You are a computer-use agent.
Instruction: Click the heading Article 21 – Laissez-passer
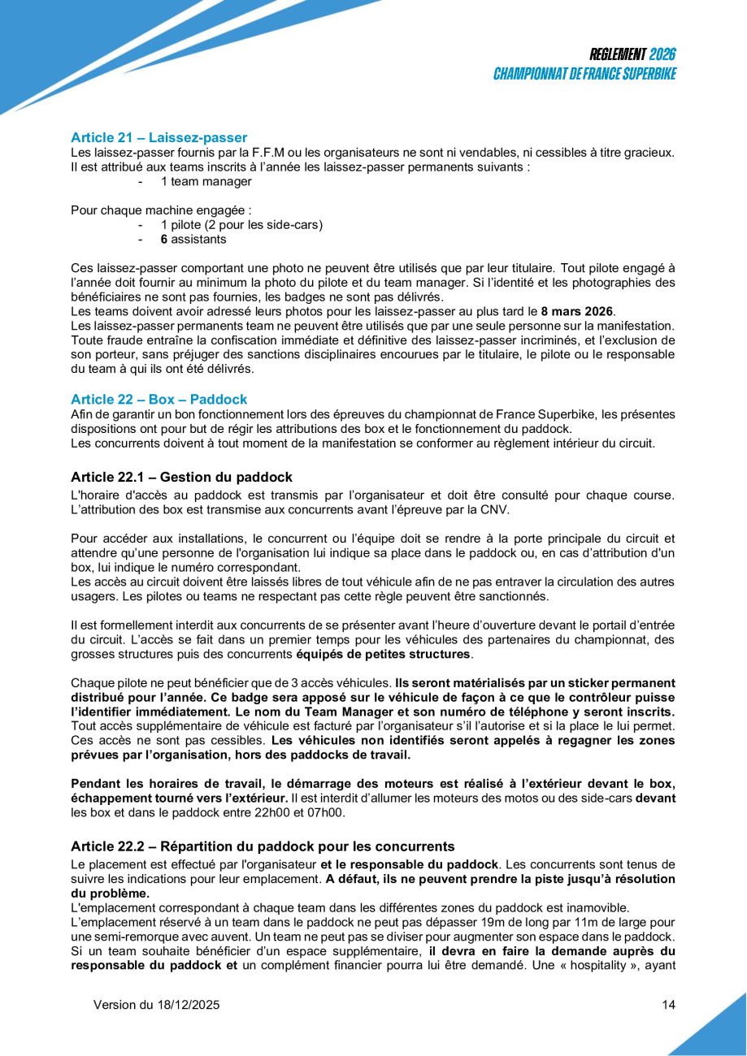pyautogui.click(x=159, y=137)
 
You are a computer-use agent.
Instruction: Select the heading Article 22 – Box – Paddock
pyautogui.click(x=159, y=399)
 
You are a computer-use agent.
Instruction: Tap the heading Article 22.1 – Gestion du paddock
pyautogui.click(x=181, y=477)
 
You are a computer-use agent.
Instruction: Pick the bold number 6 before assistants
pyautogui.click(x=163, y=240)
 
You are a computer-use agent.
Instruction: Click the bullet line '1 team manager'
pyautogui.click(x=206, y=181)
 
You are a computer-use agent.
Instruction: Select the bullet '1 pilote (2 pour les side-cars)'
pyautogui.click(x=241, y=225)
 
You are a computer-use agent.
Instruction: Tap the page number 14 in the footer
pyautogui.click(x=668, y=1005)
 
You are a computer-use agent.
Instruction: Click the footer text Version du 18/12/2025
pyautogui.click(x=157, y=1005)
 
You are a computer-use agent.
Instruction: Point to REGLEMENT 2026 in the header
pyautogui.click(x=633, y=54)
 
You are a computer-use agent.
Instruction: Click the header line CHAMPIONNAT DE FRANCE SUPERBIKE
pyautogui.click(x=585, y=74)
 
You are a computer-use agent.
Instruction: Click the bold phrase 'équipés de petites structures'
pyautogui.click(x=383, y=654)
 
